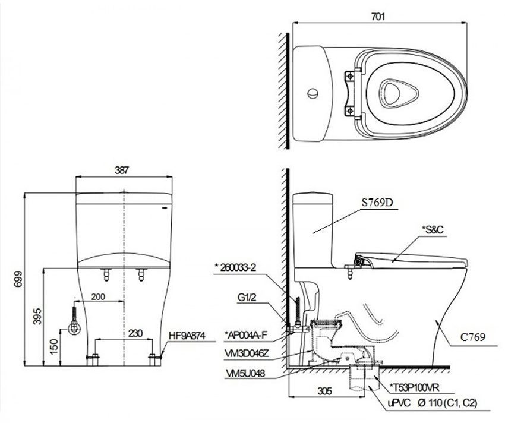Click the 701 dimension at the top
pyautogui.click(x=378, y=16)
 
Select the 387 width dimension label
pyautogui.click(x=121, y=170)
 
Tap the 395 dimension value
pyautogui.click(x=37, y=316)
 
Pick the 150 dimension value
pyautogui.click(x=54, y=346)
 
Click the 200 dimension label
pyautogui.click(x=98, y=296)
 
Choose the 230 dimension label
pyautogui.click(x=135, y=333)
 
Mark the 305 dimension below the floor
pyautogui.click(x=324, y=391)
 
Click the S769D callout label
pyautogui.click(x=377, y=203)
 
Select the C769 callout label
pyautogui.click(x=473, y=337)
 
